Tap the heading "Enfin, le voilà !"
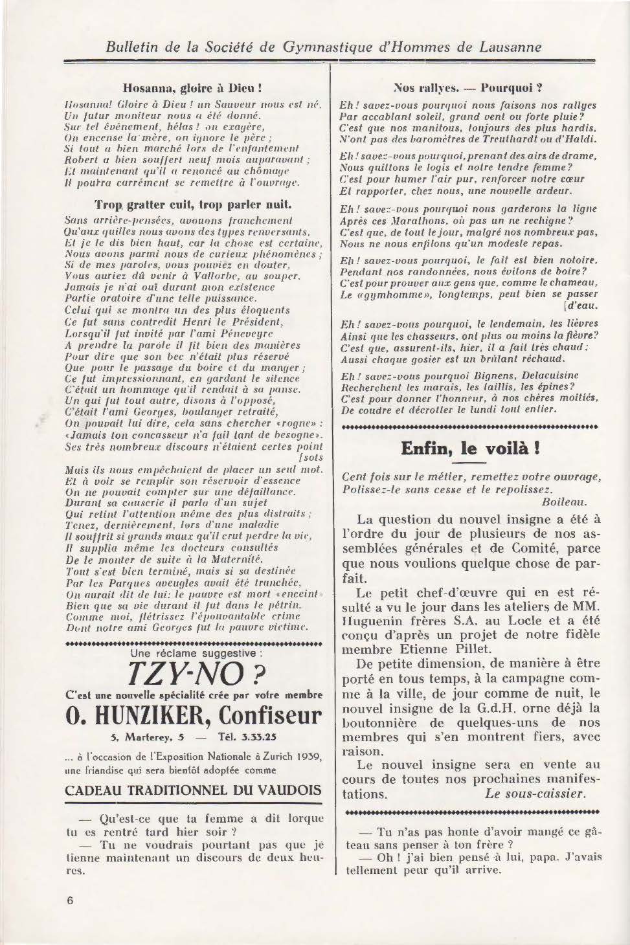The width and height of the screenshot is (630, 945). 470,448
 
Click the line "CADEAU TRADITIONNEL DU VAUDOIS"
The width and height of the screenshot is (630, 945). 194,790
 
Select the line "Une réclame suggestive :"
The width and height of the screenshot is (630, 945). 194,654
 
